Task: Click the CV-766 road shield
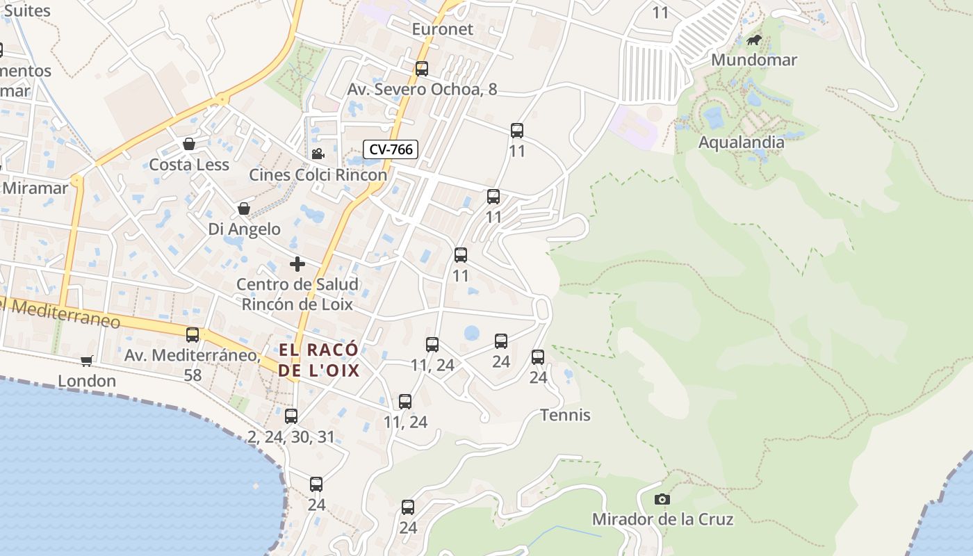pos(390,149)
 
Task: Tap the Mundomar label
pos(753,60)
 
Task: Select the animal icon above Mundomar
pos(754,40)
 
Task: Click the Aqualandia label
pos(741,142)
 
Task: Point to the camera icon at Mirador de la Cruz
pos(662,499)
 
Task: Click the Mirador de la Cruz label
pos(662,519)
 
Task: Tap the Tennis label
pos(566,415)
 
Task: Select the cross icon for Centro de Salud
pos(297,264)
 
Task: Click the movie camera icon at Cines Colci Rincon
pos(318,154)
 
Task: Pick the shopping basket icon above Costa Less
pos(188,144)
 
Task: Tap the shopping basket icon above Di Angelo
pos(244,208)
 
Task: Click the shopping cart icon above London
pos(87,360)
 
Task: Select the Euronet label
pos(442,29)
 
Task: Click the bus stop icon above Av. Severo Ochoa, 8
pos(422,69)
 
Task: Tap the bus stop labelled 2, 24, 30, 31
pos(291,416)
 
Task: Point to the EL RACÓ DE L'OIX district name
pos(319,360)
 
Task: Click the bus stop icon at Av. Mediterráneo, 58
pos(193,335)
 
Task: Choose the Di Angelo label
pos(245,229)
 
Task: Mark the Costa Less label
pos(189,165)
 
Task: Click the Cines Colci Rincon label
pos(318,174)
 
